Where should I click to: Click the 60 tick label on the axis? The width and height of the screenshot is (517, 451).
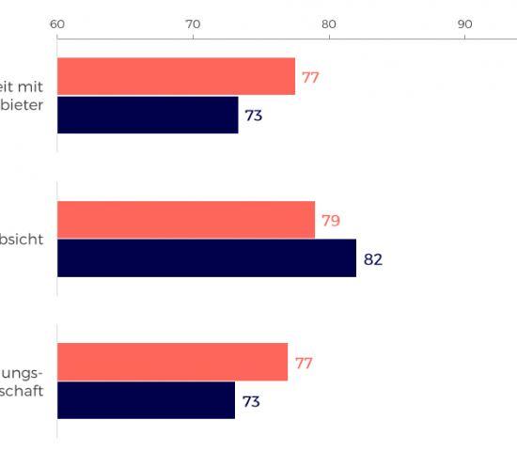[x=57, y=23]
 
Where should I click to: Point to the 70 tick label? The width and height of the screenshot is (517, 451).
[x=193, y=23]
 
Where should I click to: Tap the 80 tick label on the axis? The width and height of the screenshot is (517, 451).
[x=328, y=23]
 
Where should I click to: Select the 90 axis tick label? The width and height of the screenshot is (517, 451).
[x=464, y=23]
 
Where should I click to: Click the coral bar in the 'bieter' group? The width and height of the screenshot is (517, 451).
[x=176, y=77]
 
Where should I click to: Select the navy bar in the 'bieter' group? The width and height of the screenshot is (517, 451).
[x=148, y=116]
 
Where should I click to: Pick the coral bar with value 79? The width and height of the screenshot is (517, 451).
[x=186, y=220]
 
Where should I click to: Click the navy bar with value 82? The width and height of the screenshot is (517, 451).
[x=207, y=258]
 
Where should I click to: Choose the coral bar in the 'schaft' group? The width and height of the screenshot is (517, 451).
[x=172, y=363]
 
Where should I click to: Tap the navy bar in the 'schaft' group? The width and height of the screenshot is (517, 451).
[x=146, y=401]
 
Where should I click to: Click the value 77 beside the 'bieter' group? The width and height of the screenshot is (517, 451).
[x=310, y=78]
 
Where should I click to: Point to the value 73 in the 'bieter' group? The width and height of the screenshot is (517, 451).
[x=254, y=117]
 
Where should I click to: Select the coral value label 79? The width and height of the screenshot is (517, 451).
[x=330, y=222]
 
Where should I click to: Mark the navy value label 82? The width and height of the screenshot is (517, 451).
[x=373, y=259]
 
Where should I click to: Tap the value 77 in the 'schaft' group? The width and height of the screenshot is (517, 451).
[x=304, y=364]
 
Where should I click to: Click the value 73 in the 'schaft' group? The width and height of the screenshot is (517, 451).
[x=251, y=402]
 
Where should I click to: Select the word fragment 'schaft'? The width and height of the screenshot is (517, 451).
[x=21, y=392]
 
